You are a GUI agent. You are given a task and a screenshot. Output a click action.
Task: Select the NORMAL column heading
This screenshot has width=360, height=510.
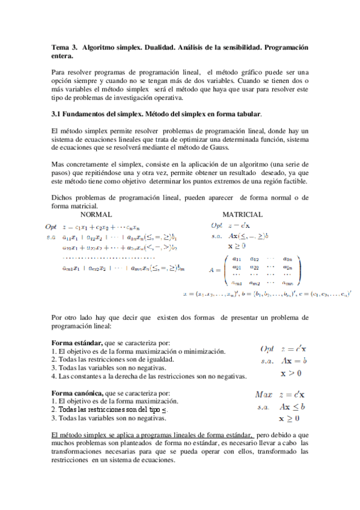[x=96, y=215]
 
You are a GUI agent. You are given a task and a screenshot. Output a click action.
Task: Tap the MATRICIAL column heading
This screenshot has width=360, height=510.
[x=242, y=215]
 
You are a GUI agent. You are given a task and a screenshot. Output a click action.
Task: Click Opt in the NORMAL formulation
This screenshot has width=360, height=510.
[x=50, y=227]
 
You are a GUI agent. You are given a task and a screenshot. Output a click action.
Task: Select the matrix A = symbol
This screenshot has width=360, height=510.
[x=214, y=270]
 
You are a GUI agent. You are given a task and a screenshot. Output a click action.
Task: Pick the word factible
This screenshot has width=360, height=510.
[x=294, y=180]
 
